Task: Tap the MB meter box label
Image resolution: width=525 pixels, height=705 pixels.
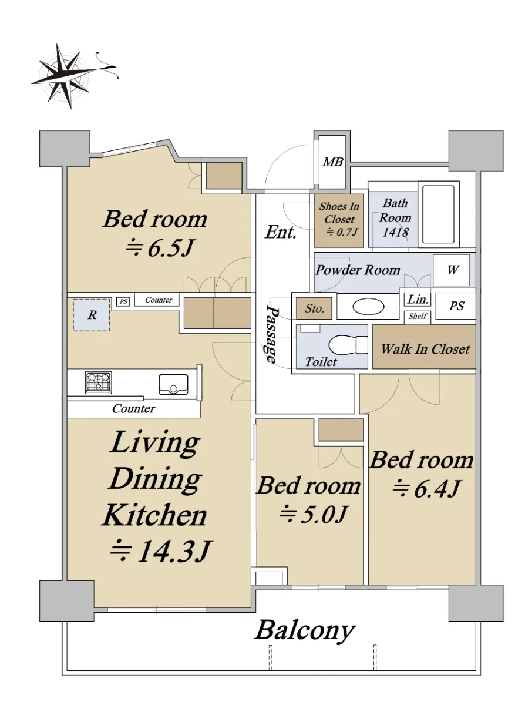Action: [x=333, y=162]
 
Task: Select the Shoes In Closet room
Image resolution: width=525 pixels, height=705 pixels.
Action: [x=339, y=220]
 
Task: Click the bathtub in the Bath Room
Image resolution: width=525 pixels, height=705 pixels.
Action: [x=439, y=214]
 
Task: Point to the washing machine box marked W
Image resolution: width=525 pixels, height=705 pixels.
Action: [x=451, y=270]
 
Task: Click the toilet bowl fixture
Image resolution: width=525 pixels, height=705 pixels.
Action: [x=348, y=344]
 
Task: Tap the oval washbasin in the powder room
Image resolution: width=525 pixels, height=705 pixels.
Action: [x=368, y=307]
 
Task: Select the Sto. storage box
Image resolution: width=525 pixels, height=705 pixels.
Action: [x=314, y=308]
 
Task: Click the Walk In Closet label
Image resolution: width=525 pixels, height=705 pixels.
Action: [x=425, y=349]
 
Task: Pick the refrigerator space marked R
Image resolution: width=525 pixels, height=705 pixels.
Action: [x=92, y=315]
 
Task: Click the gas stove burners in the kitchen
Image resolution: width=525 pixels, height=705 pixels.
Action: [x=99, y=382]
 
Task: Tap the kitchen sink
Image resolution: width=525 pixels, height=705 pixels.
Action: [x=173, y=384]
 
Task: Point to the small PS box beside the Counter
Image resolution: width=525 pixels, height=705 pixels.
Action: [x=123, y=301]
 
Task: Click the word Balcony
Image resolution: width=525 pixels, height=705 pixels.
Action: [x=304, y=630]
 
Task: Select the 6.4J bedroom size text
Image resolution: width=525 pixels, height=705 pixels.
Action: [x=426, y=488]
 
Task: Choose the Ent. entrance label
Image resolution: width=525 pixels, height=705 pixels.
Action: [x=281, y=232]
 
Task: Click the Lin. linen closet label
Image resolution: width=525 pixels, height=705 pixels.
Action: [x=418, y=300]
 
